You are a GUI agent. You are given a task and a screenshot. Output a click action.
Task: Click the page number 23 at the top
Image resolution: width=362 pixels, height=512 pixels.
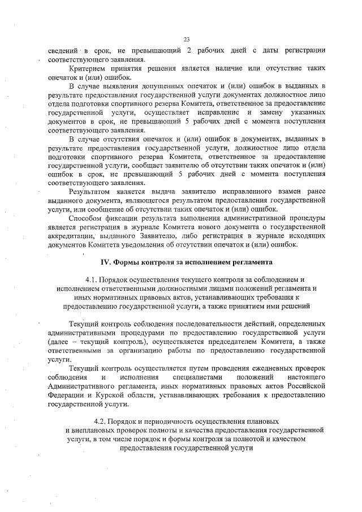pyautogui.click(x=186, y=40)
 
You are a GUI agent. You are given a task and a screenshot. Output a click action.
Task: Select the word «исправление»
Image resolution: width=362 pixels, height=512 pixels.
pyautogui.click(x=208, y=113)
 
